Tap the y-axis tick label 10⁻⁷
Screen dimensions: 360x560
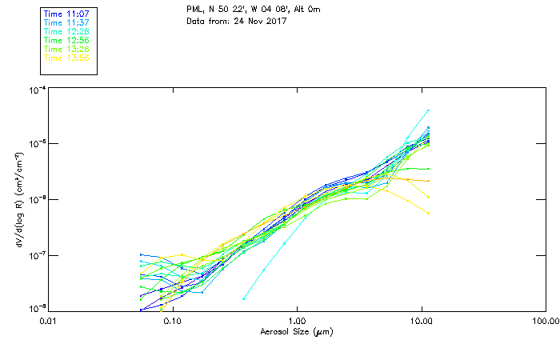pos(36,255)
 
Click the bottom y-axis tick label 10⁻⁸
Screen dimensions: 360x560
pos(36,308)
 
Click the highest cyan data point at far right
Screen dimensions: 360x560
pos(428,110)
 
